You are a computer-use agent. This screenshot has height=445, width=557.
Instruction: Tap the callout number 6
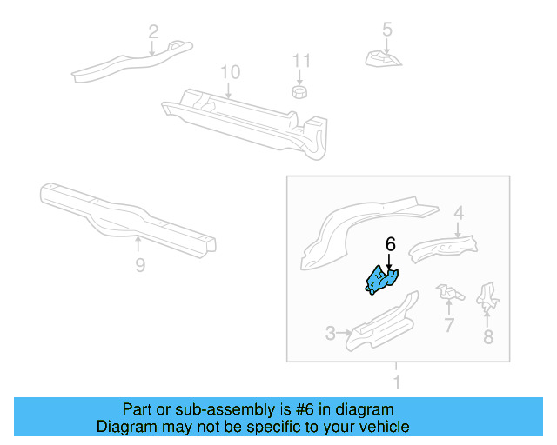pos(391,245)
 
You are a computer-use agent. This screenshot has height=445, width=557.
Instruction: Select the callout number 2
pos(153,32)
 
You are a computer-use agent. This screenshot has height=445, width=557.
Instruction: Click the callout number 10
pos(229,71)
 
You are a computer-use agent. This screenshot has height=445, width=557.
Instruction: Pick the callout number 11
pos(300,61)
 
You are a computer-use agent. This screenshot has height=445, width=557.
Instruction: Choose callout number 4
pos(458,211)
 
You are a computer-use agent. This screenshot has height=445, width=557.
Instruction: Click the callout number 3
pos(331,333)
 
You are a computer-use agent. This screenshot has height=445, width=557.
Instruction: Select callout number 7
pos(449,326)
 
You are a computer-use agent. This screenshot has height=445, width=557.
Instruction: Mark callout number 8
pos(487,336)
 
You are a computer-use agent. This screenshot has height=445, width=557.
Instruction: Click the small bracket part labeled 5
pos(383,59)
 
